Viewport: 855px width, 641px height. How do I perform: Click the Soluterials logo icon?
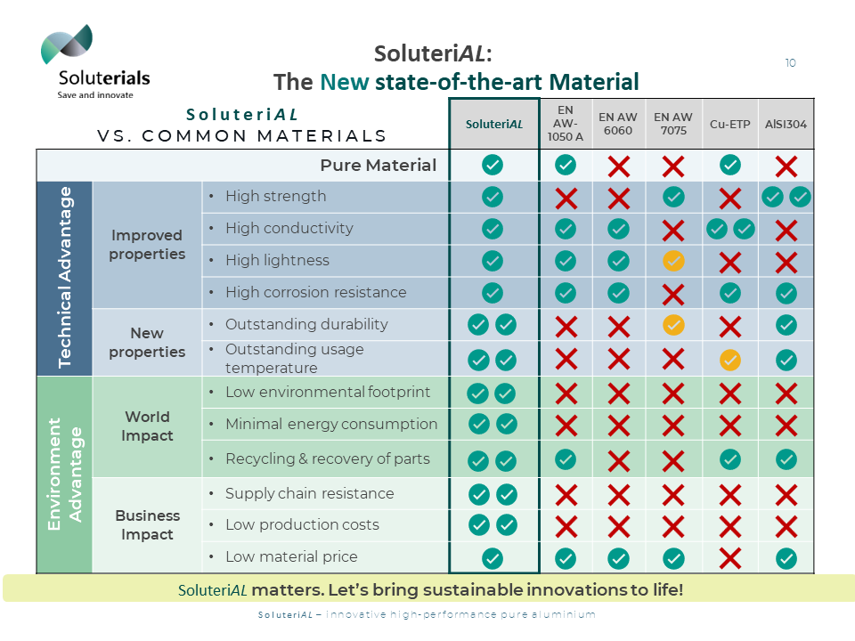click(x=67, y=45)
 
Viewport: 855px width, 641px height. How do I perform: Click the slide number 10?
click(x=790, y=63)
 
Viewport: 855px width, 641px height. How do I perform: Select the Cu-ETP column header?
click(x=729, y=124)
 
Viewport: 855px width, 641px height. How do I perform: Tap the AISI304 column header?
click(x=786, y=124)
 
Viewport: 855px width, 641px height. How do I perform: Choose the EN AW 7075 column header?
click(x=673, y=124)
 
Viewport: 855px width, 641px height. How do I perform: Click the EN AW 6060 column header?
click(x=618, y=124)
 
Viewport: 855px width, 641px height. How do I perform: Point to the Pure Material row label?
click(x=379, y=166)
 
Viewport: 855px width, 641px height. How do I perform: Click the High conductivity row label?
click(x=289, y=229)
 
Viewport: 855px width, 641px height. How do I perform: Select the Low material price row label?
click(x=291, y=557)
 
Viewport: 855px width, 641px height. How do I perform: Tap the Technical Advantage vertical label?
click(x=64, y=277)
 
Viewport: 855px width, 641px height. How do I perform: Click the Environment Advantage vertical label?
click(x=64, y=474)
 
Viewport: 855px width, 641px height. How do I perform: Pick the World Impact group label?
click(x=147, y=426)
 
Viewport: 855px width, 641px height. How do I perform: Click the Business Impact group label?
click(x=147, y=525)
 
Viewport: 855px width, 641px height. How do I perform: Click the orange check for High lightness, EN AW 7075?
click(x=673, y=261)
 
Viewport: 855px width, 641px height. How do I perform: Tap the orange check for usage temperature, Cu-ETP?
click(x=729, y=360)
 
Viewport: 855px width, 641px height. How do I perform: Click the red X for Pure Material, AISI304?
click(x=786, y=166)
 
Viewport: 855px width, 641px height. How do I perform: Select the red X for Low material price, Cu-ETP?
click(x=729, y=558)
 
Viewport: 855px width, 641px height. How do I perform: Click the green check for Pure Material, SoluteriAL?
click(x=493, y=165)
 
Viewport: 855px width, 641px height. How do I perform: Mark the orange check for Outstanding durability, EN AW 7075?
click(x=673, y=325)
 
